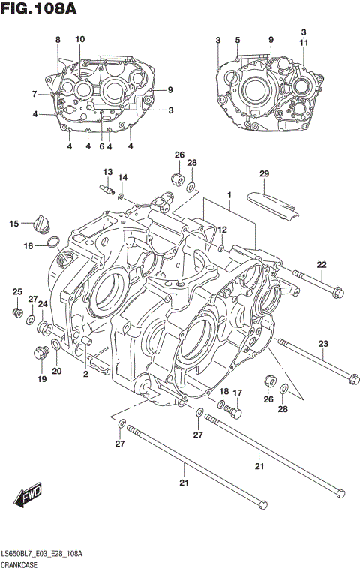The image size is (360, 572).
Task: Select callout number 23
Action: (x=323, y=344)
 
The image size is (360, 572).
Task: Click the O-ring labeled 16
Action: (x=54, y=242)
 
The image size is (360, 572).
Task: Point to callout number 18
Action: (x=223, y=392)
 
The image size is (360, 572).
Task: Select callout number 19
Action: (x=41, y=379)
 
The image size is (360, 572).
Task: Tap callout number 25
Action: (x=16, y=291)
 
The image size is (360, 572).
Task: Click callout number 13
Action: (x=107, y=172)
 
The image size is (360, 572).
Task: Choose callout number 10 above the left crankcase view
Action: (x=80, y=39)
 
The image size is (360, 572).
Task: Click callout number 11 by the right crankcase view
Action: (x=304, y=44)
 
